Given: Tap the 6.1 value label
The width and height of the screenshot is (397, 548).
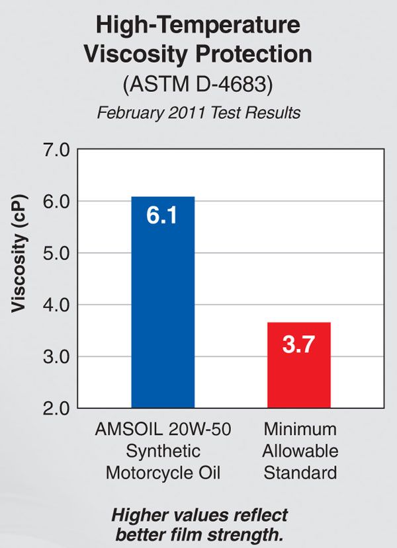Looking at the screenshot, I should coord(162,217).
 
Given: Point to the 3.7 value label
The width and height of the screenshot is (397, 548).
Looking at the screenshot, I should coord(298,345).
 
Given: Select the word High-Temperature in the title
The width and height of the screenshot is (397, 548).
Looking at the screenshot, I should coord(198,26).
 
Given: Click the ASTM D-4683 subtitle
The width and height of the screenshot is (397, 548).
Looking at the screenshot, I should coord(198,85).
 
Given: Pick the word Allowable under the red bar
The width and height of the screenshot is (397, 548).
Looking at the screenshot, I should coord(300,451).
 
